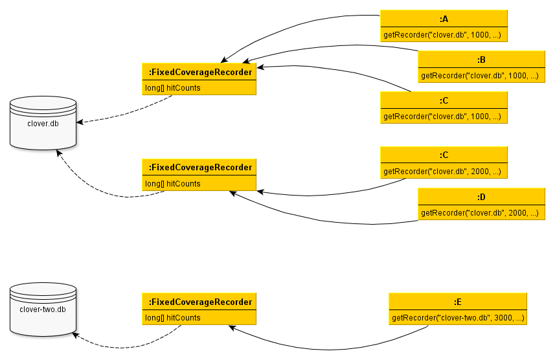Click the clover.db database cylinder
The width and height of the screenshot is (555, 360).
(x=43, y=123)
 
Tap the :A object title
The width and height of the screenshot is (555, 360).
(x=444, y=18)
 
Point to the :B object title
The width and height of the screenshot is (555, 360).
(x=481, y=60)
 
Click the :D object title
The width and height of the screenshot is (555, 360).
(x=481, y=197)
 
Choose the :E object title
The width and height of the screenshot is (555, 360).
(x=457, y=302)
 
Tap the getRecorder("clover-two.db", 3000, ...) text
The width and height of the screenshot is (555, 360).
(x=457, y=318)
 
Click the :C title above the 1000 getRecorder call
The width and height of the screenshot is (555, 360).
(x=444, y=100)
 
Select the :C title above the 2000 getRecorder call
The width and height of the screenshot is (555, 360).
(x=444, y=155)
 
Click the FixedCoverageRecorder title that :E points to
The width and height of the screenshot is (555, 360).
(x=199, y=302)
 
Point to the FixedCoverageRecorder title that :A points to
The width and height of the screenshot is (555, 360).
(x=199, y=71)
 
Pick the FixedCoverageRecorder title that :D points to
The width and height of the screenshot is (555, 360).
(x=199, y=167)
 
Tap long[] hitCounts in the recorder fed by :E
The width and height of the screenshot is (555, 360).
(x=173, y=318)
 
